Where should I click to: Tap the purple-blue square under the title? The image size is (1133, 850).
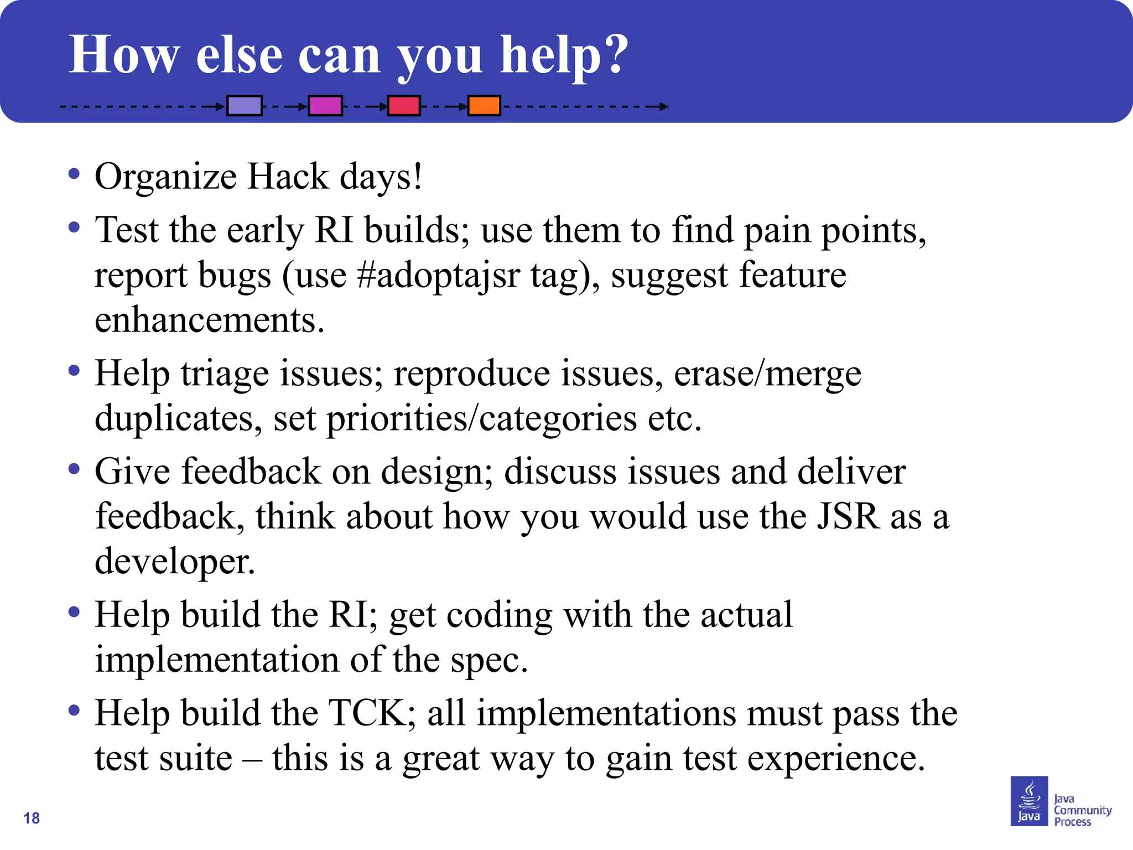[244, 105]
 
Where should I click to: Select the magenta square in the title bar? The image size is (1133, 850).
[325, 105]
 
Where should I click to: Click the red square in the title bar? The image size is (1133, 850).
[403, 105]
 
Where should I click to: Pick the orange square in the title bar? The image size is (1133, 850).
[484, 105]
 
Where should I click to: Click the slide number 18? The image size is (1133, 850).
[32, 818]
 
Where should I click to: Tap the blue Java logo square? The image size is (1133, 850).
[1029, 801]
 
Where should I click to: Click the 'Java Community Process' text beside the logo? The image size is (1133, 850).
[1082, 810]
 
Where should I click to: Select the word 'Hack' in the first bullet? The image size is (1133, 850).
[288, 177]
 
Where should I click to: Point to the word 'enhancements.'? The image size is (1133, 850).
[209, 320]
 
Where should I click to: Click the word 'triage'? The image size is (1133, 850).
[225, 374]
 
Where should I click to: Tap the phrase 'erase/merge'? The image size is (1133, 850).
[767, 374]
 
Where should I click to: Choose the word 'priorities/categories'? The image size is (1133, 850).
[481, 418]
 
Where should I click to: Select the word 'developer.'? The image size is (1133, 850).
[175, 561]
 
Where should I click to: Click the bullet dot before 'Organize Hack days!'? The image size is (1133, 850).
[74, 174]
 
